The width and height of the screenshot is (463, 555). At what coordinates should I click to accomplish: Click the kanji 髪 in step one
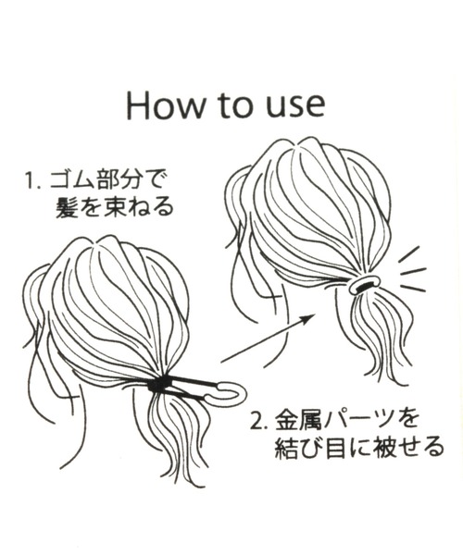(68, 207)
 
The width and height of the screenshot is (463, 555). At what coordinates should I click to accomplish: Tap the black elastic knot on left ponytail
(158, 385)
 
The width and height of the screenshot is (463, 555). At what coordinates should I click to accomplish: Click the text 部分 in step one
(119, 181)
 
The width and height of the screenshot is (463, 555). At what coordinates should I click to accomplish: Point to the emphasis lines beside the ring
(412, 270)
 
